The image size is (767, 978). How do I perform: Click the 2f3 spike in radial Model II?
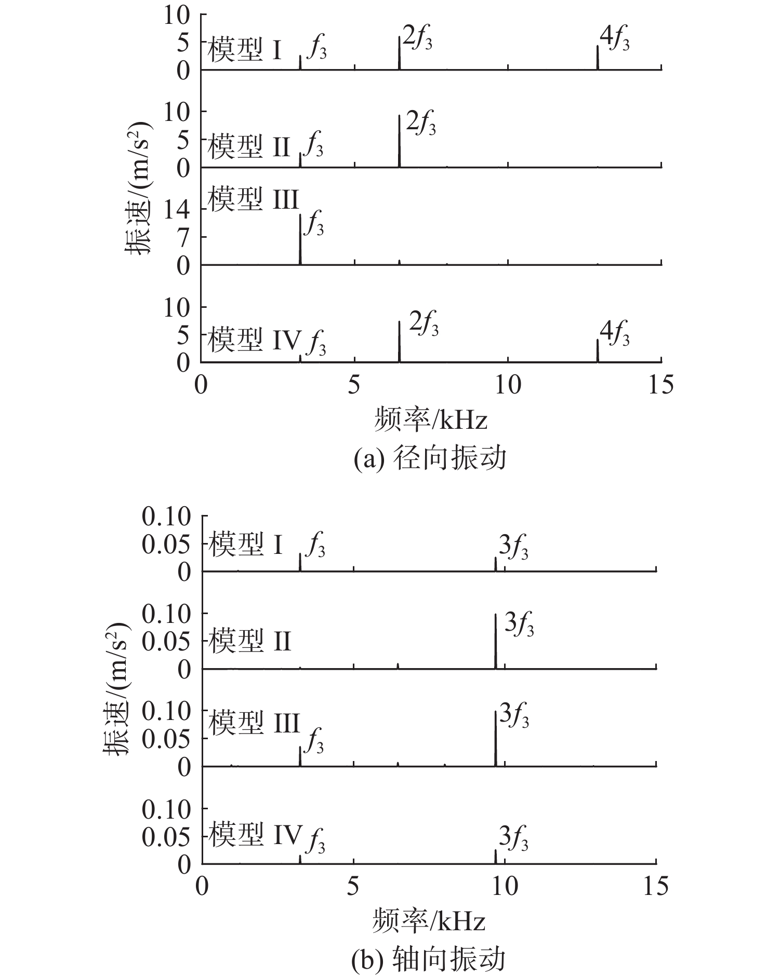point(399,141)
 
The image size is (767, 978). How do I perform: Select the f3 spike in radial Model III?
point(300,239)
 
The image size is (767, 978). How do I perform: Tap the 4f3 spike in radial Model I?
point(598,58)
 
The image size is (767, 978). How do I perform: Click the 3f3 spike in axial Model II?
point(496,641)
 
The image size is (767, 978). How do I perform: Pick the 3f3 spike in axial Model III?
point(496,738)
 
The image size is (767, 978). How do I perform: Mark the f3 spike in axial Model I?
point(300,562)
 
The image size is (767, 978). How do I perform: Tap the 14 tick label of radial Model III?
point(177,209)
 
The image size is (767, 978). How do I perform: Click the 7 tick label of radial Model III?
point(184,237)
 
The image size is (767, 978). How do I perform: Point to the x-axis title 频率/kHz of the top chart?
point(430,419)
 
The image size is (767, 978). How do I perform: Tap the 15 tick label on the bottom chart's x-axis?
point(656,886)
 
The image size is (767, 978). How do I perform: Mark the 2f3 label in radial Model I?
point(417,38)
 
